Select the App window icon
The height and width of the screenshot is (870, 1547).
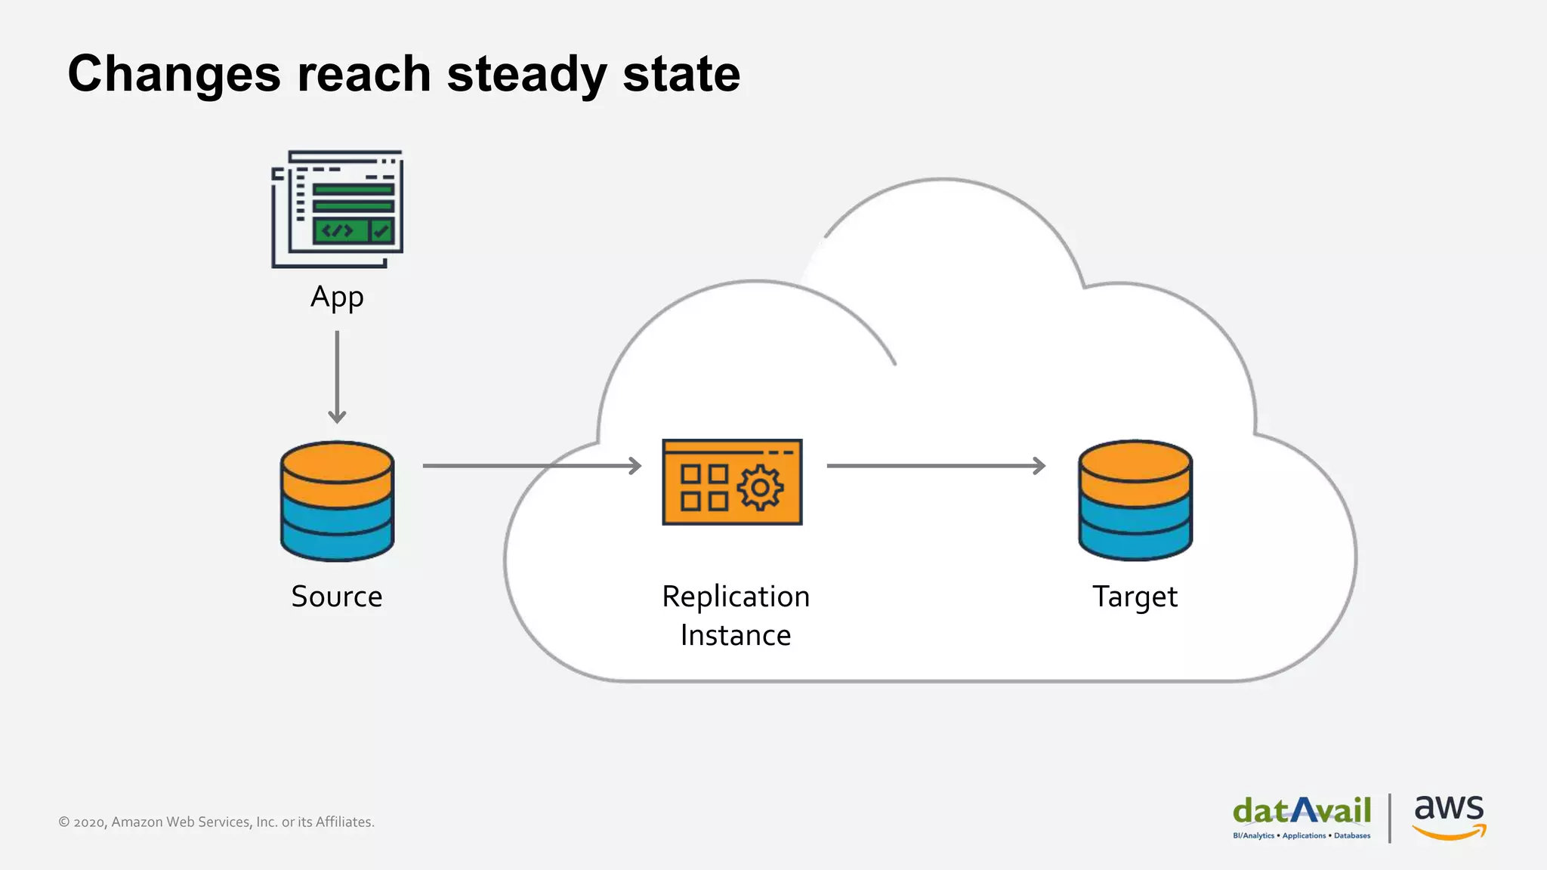pos(338,208)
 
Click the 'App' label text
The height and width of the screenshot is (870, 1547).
pos(337,298)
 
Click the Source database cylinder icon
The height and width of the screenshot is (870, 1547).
pos(337,501)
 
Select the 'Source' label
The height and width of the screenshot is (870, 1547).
pos(337,597)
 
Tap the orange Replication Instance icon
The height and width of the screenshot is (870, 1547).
pos(732,482)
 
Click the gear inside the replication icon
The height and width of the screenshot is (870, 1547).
pos(760,488)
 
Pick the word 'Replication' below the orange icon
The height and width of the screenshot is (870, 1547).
pos(736,597)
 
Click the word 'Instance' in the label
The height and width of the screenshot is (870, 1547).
pos(736,636)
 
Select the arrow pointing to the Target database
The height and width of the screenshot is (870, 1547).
pos(936,466)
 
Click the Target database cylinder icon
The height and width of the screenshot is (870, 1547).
pos(1135,501)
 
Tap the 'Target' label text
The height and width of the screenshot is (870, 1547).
pos(1135,597)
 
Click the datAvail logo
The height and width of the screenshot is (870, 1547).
pos(1302,816)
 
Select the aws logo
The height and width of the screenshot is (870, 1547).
pos(1449,816)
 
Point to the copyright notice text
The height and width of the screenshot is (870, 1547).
pos(217,822)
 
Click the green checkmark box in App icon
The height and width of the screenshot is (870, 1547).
pos(382,231)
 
